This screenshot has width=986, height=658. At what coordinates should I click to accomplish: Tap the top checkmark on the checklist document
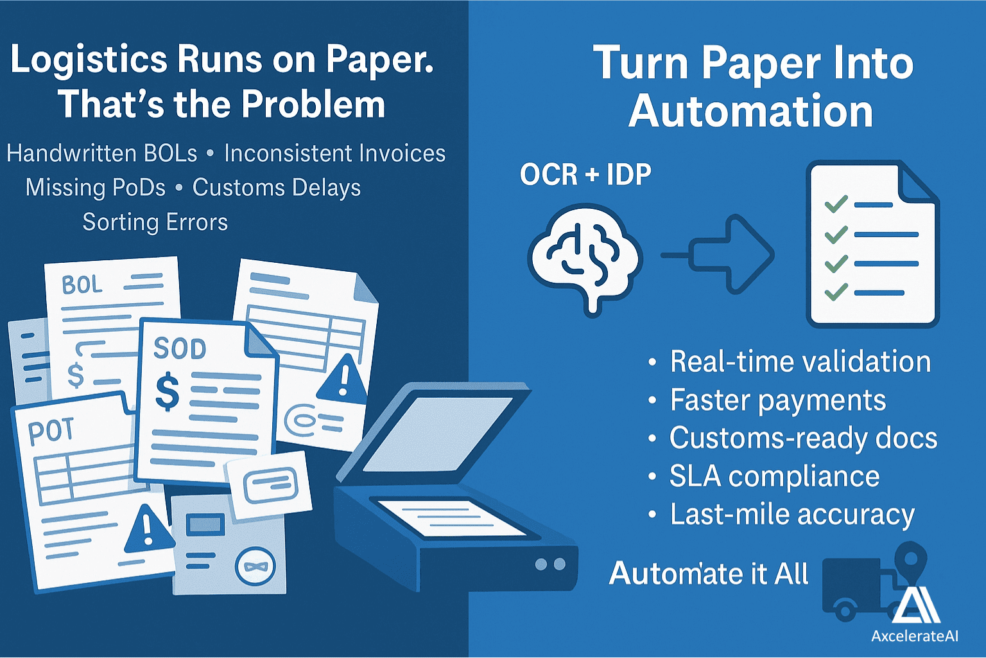(x=836, y=204)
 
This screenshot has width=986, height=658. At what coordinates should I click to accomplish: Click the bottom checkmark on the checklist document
(x=836, y=293)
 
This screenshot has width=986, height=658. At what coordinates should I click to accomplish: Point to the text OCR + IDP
(x=585, y=175)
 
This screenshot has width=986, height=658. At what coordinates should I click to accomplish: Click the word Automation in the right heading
(x=750, y=112)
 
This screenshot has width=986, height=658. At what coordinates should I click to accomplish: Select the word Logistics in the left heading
(x=89, y=60)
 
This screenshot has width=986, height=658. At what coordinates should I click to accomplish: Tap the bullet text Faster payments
(x=778, y=400)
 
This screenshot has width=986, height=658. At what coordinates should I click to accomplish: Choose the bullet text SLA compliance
(x=774, y=477)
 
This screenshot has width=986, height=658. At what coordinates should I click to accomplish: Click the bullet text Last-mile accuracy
(x=792, y=515)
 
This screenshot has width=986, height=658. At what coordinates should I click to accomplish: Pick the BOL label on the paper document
(x=82, y=285)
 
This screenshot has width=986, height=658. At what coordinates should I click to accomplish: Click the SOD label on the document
(x=180, y=349)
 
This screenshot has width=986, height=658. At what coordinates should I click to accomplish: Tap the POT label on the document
(x=51, y=431)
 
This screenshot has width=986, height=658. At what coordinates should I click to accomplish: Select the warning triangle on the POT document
(x=148, y=529)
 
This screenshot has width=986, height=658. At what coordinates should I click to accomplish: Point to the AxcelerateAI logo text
(x=915, y=636)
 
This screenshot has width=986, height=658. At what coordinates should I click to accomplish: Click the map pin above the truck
(x=910, y=559)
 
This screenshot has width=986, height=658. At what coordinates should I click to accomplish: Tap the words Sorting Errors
(x=155, y=222)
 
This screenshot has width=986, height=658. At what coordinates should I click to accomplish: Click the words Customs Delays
(x=277, y=188)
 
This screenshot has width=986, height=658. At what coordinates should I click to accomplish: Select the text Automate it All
(x=709, y=574)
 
